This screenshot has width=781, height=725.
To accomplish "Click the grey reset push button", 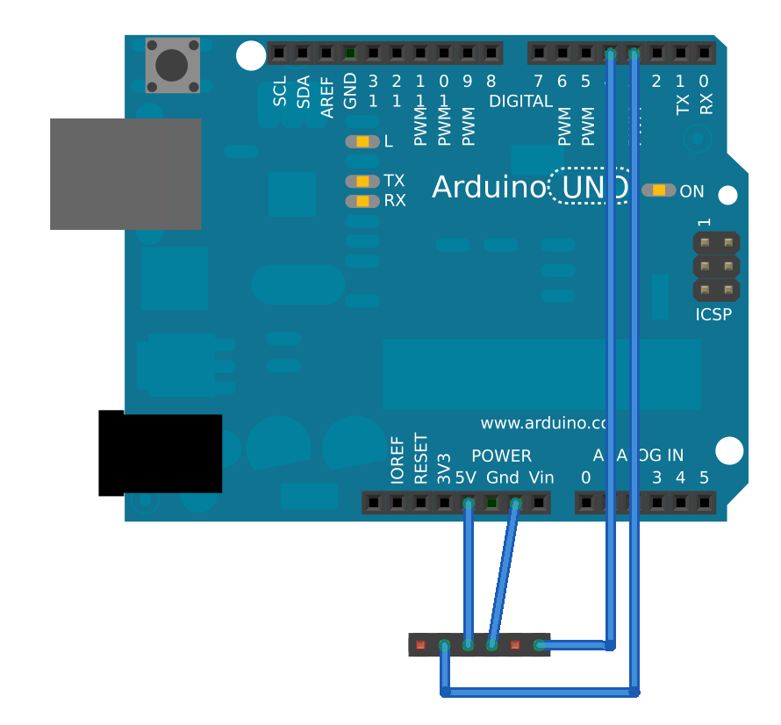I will click(172, 65).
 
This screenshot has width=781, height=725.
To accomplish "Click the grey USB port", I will click(125, 174).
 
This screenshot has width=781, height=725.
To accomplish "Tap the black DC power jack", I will click(161, 453).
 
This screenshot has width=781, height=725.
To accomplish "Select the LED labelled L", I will click(362, 141).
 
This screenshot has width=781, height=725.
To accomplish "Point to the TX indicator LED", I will click(362, 181).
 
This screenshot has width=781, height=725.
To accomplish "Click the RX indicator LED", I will click(362, 201).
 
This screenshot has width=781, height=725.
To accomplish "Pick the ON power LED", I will click(658, 190).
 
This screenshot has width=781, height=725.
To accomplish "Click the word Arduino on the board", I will click(488, 187).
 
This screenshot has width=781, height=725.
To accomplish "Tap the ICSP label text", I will click(713, 314).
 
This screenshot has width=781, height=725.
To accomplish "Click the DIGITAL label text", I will click(521, 101).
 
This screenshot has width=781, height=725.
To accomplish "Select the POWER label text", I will click(501, 456).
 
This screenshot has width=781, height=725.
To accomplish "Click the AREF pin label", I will click(327, 96).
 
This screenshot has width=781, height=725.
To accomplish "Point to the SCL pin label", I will click(280, 91).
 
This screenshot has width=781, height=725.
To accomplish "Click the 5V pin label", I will click(465, 478).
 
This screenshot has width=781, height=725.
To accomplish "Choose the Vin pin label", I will click(541, 478).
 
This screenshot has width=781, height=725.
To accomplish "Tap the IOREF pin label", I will click(398, 461).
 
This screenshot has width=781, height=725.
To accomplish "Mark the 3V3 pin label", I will click(445, 470).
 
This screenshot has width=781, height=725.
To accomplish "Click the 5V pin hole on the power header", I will click(469, 503).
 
